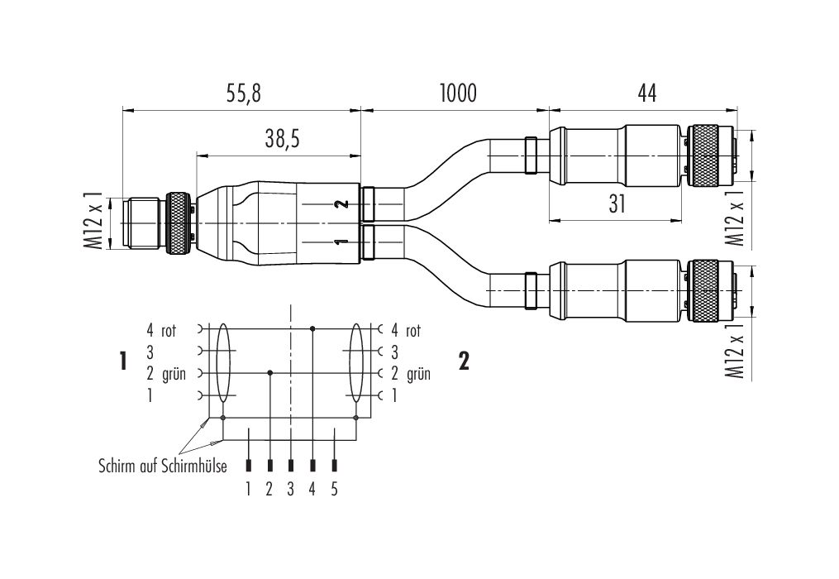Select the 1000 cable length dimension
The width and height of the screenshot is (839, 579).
pos(456,93)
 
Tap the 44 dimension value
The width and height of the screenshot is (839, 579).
pos(646,93)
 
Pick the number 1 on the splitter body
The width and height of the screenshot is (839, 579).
pos(340,242)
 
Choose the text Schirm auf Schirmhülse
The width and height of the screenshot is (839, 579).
pos(161,467)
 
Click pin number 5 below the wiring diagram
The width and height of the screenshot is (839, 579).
pos(334,489)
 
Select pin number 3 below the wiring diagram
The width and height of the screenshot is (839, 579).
pos(290,489)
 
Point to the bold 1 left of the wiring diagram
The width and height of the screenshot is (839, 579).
pos(123,361)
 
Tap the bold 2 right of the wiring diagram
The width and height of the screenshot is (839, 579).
pos(464,361)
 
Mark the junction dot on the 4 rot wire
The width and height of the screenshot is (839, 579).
pos(312,328)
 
